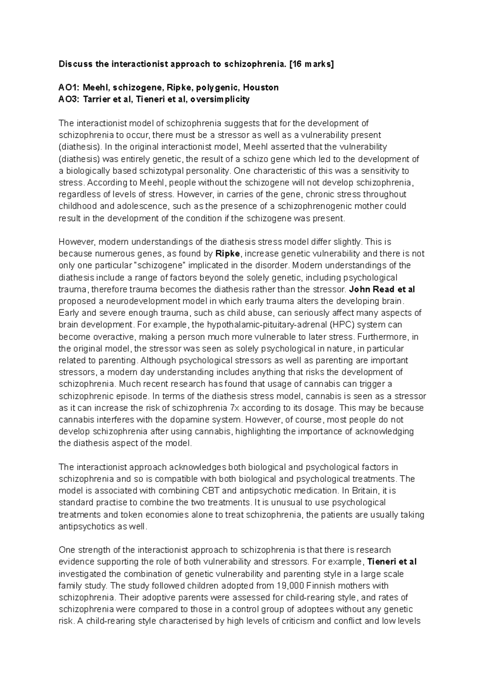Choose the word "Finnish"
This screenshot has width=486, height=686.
coord(325,586)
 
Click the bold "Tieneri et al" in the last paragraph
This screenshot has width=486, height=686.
coord(392,562)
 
